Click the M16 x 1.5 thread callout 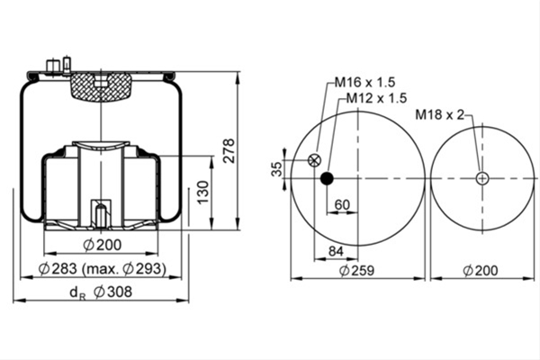click(365, 82)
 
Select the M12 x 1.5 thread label click(376, 98)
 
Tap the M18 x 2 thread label click(440, 114)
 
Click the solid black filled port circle click(327, 178)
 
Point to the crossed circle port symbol click(314, 160)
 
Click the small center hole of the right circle click(482, 178)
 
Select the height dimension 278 click(229, 150)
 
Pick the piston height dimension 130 click(203, 192)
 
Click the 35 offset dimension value click(277, 169)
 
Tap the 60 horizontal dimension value click(342, 205)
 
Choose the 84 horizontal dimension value click(336, 251)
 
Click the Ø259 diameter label click(356, 270)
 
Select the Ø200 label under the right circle click(481, 270)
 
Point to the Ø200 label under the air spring click(103, 245)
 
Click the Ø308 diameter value click(113, 292)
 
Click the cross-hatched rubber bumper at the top click(101, 86)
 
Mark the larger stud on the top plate click(51, 66)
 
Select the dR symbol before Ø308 click(77, 293)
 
